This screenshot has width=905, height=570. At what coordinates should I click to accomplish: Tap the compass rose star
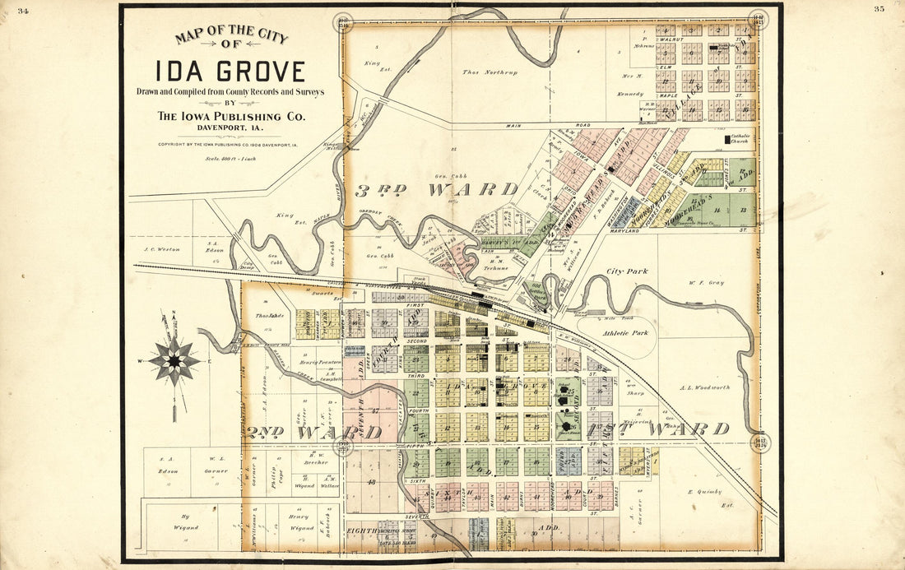coord(174,360)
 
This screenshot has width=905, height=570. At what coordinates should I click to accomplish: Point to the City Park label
coord(627,271)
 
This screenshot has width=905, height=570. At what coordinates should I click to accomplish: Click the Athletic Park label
coord(629,333)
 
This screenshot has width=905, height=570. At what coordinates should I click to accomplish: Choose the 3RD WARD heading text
coord(436,190)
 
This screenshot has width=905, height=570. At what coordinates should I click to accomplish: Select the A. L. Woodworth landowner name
coord(705,387)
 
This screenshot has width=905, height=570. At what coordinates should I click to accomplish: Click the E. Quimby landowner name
coord(705,492)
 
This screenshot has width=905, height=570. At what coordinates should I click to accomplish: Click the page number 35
coord(879,9)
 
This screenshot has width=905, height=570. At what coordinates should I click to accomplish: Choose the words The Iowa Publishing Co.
coord(230,117)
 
